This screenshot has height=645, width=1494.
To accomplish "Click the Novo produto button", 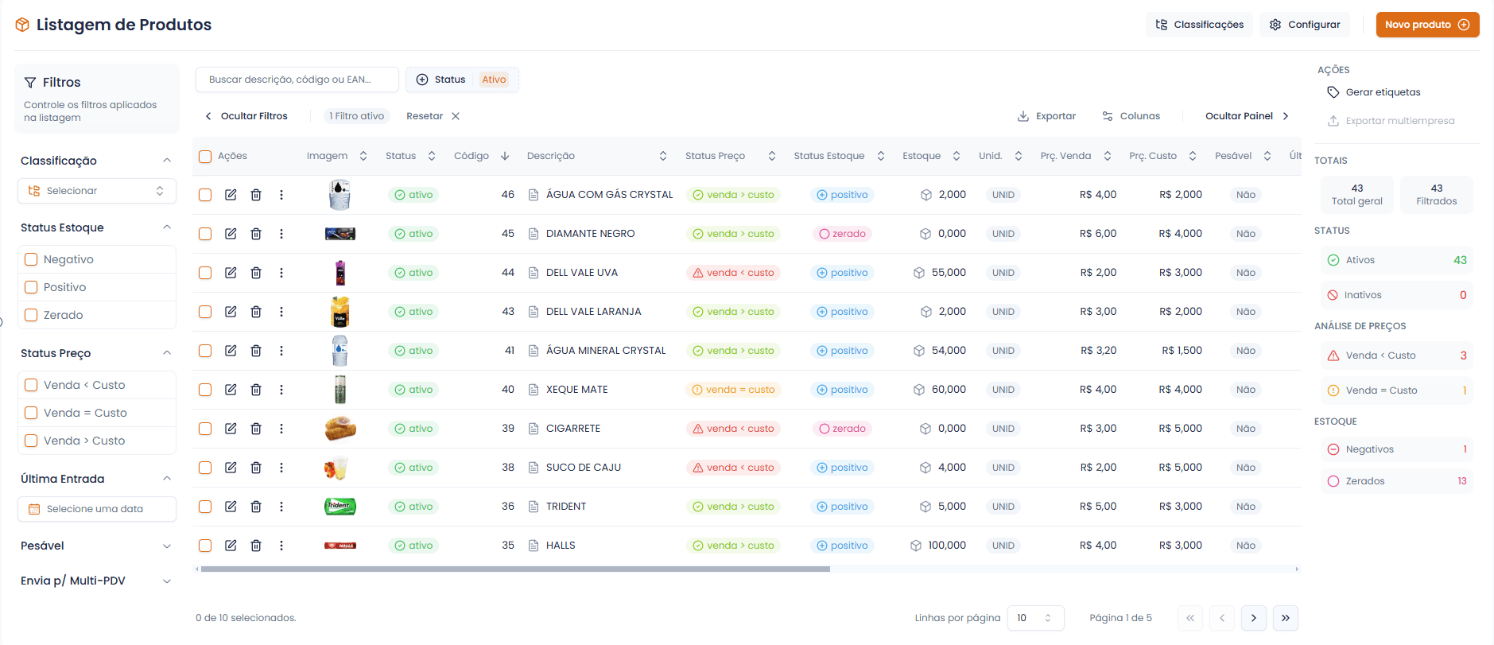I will pyautogui.click(x=1427, y=25).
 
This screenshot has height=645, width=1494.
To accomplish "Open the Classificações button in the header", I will pyautogui.click(x=1199, y=25).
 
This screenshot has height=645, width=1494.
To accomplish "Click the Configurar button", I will pyautogui.click(x=1304, y=25).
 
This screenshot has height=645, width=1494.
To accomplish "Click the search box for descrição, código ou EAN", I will pyautogui.click(x=297, y=80).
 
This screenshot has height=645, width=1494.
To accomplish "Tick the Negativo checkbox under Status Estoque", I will pyautogui.click(x=32, y=259).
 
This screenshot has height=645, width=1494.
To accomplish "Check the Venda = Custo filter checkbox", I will pyautogui.click(x=32, y=413).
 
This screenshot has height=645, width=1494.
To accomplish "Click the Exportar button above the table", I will pyautogui.click(x=1046, y=116).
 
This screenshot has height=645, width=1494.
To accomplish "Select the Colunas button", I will pyautogui.click(x=1131, y=116).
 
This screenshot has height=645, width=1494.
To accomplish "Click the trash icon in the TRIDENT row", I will pyautogui.click(x=256, y=507).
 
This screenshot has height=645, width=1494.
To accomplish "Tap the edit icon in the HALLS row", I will pyautogui.click(x=231, y=546).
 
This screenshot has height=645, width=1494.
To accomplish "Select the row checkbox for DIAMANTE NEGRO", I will pyautogui.click(x=205, y=234).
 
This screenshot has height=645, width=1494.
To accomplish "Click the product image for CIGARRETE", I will pyautogui.click(x=340, y=429).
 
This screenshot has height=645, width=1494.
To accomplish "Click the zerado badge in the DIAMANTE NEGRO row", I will pyautogui.click(x=842, y=234).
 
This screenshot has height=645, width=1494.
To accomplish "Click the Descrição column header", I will pyautogui.click(x=551, y=156).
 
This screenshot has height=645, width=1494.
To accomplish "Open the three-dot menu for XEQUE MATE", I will pyautogui.click(x=281, y=390).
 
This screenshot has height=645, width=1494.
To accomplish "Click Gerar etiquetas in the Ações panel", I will pyautogui.click(x=1383, y=92).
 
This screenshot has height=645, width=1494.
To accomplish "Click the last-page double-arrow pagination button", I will pyautogui.click(x=1285, y=618).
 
